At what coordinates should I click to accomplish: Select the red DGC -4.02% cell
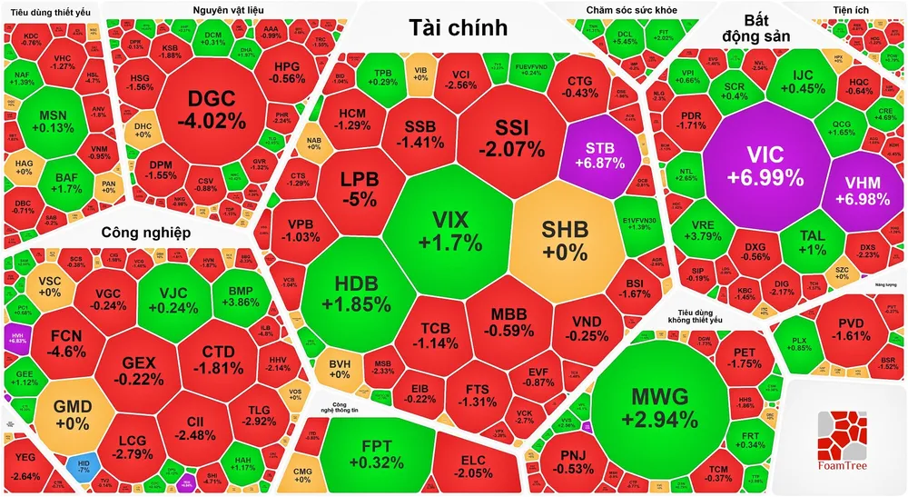[x=212, y=109]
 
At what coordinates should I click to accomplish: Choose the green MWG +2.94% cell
[x=660, y=406]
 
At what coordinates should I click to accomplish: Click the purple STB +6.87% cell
[x=600, y=152]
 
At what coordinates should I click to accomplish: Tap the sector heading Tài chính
[x=457, y=27]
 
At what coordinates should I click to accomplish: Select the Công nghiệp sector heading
[x=145, y=233]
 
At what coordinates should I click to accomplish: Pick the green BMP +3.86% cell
[x=240, y=295]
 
